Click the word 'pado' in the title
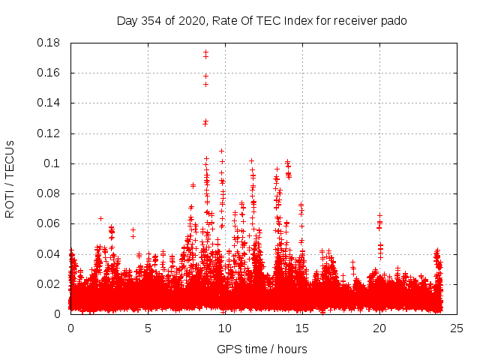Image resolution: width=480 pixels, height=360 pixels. tap(392, 21)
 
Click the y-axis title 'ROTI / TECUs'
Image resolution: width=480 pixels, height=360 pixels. tap(10, 178)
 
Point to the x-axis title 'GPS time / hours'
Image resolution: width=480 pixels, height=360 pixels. tap(262, 349)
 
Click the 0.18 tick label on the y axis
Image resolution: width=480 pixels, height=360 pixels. tap(50, 43)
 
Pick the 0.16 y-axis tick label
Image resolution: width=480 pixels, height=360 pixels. tap(50, 73)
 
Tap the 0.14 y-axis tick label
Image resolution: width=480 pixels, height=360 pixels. tap(50, 103)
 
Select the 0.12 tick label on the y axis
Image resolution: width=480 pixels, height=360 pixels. tap(50, 133)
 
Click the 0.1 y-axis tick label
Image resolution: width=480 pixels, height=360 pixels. tap(53, 163)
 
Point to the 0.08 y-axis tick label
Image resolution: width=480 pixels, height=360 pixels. tap(50, 193)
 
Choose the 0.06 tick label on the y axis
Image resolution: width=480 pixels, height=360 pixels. tap(50, 223)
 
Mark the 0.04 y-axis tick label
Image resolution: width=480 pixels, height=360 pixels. tap(50, 253)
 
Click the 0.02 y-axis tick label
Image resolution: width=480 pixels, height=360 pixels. tap(50, 283)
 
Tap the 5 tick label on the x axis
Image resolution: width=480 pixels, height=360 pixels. tap(148, 328)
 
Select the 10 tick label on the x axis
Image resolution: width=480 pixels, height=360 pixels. tap(225, 328)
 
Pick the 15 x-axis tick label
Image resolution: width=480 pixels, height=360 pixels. tap(302, 328)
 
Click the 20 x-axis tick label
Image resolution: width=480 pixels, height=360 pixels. tap(379, 328)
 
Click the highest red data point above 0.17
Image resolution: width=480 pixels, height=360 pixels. tap(205, 52)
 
